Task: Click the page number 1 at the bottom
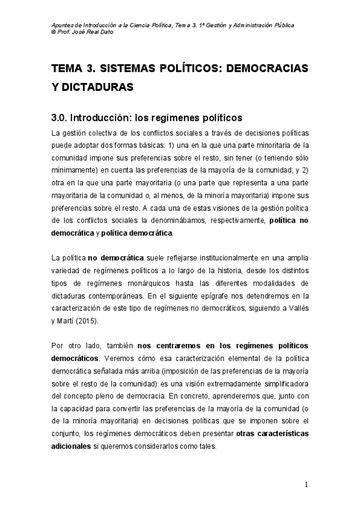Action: click(306, 485)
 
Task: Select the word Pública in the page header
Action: click(290, 25)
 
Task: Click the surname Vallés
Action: click(297, 308)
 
